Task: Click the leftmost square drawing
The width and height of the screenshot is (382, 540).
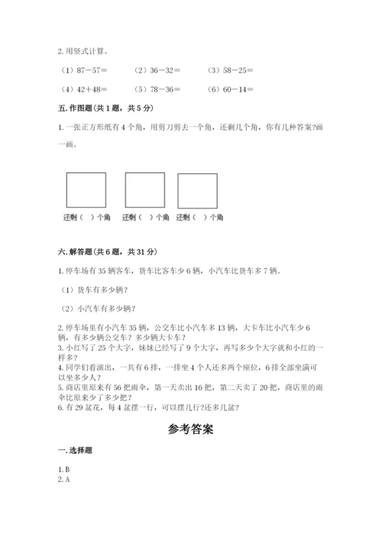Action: (86, 190)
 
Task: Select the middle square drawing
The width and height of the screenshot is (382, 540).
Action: (144, 190)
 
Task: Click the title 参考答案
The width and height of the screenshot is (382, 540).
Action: (190, 429)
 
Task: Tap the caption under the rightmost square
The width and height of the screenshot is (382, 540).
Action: (200, 218)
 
